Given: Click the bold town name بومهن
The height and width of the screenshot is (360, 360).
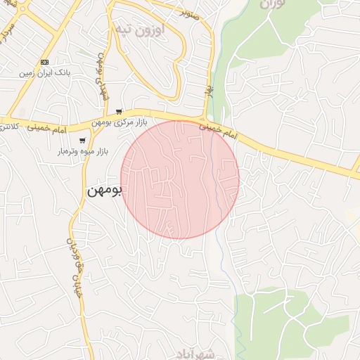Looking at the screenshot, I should [x=105, y=191].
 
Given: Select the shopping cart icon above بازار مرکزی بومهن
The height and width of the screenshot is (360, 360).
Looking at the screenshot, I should [x=120, y=112].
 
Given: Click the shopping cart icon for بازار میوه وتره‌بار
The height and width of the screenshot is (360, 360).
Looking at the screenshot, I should [x=82, y=141].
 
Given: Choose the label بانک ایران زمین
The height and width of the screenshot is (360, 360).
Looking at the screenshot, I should [x=45, y=72].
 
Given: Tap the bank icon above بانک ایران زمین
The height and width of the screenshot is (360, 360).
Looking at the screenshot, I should [x=44, y=62].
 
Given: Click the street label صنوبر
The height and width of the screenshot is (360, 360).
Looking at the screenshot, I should [x=190, y=13].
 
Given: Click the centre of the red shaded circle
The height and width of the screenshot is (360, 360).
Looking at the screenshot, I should [x=180, y=179].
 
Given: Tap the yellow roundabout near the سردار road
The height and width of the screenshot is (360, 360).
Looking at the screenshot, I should [x=23, y=9].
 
